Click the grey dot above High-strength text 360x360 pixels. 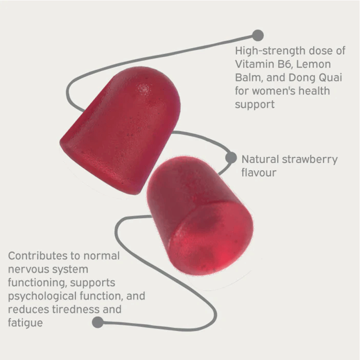[258, 35]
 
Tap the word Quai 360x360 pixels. [328, 78]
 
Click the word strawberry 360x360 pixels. [310, 159]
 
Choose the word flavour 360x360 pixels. [258, 172]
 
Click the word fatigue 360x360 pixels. [25, 323]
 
